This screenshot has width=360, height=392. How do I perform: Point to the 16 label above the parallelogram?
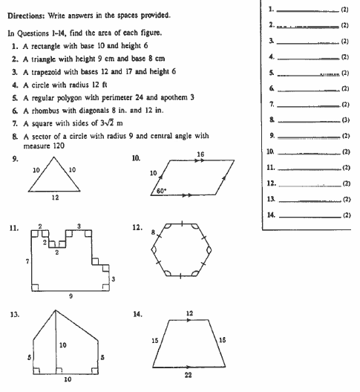[x=200, y=153]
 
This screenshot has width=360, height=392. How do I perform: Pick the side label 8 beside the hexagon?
[x=154, y=231]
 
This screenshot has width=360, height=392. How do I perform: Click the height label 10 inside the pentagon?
[x=63, y=344]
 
